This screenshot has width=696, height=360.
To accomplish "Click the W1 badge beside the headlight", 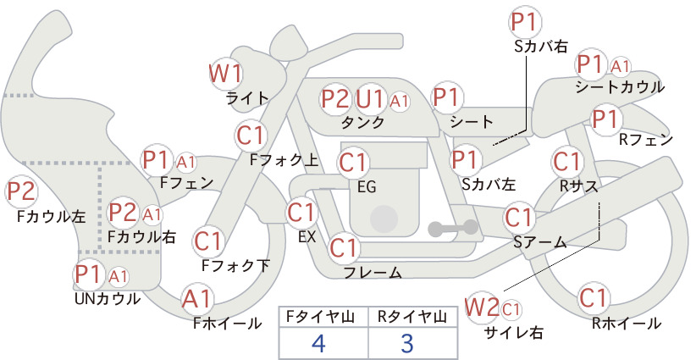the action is [225, 73].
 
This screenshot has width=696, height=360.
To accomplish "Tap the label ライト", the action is [248, 98].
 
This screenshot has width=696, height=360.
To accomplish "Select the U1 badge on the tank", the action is [370, 98].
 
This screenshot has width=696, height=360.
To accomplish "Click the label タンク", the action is [362, 123].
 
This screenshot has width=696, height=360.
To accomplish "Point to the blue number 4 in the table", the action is [318, 343].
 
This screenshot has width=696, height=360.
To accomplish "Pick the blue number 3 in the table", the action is [406, 343].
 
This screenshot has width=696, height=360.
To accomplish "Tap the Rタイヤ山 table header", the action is [412, 317].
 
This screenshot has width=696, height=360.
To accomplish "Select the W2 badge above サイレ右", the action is [482, 307].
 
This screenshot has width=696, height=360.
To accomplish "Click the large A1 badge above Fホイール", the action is [196, 299].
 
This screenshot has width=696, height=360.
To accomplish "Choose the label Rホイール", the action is [627, 324].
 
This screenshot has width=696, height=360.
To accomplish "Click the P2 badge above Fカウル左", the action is [21, 191].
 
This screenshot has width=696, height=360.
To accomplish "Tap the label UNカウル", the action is [108, 299].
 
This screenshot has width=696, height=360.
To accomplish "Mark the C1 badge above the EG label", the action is [353, 163].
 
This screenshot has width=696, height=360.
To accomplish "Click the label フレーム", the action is [373, 272].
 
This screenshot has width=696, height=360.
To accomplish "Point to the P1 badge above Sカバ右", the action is [526, 23].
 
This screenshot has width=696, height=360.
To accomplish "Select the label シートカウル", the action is [620, 87].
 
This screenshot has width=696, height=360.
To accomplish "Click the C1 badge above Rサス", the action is [566, 162].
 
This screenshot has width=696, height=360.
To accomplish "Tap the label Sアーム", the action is [540, 242].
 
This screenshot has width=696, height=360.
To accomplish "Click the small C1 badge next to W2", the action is [511, 309].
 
